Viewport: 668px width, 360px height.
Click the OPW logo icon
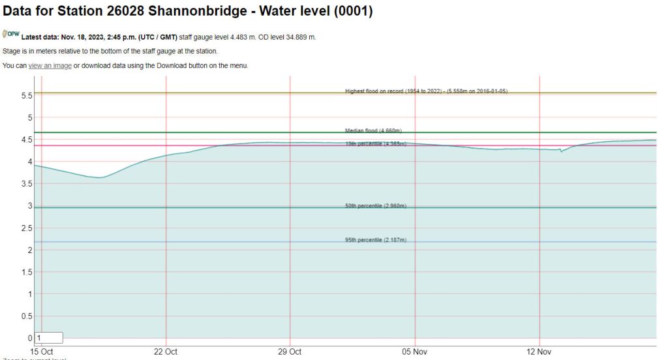click(11, 35)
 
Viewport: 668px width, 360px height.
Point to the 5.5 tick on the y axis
click(27, 95)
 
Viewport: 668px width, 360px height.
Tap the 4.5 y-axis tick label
click(27, 140)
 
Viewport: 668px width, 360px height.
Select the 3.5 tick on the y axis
click(27, 184)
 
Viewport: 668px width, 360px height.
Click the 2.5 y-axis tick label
click(27, 228)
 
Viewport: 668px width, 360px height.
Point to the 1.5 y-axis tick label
click(27, 272)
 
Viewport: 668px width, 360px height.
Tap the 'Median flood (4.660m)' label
click(373, 130)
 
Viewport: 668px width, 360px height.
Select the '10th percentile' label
click(376, 143)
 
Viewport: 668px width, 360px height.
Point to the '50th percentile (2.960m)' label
click(376, 206)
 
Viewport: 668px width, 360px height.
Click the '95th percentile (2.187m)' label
click(376, 240)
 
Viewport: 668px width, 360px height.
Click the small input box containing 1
click(49, 338)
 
